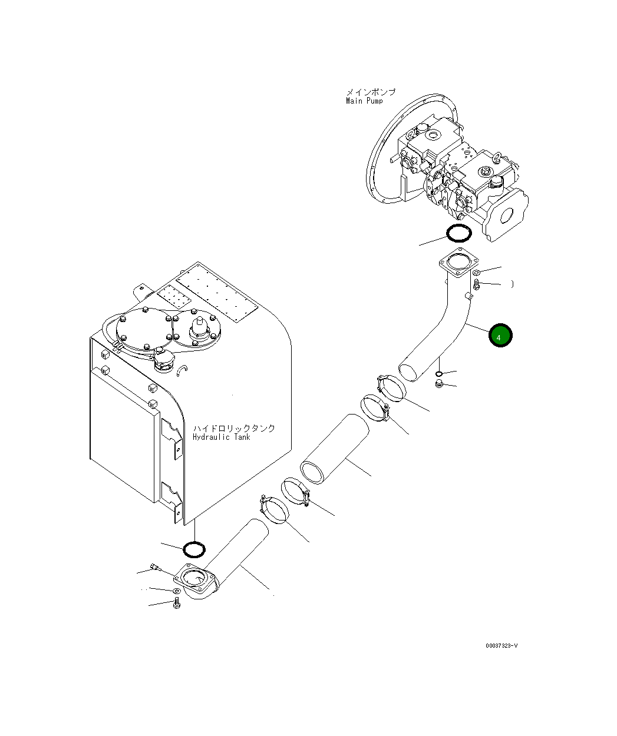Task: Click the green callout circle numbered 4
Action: click(500, 336)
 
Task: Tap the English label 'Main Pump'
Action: click(364, 101)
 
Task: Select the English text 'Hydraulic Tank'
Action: click(221, 437)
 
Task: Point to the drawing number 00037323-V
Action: click(501, 646)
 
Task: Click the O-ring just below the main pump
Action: click(458, 234)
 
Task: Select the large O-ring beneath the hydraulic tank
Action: click(194, 549)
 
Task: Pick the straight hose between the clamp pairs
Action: click(334, 449)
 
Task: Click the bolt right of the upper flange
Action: click(477, 286)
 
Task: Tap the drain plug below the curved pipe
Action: click(439, 384)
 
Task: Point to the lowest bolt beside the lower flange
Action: click(176, 604)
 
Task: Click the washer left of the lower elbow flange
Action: click(176, 591)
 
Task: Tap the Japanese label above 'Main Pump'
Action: click(370, 92)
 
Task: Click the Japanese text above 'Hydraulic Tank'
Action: click(234, 428)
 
